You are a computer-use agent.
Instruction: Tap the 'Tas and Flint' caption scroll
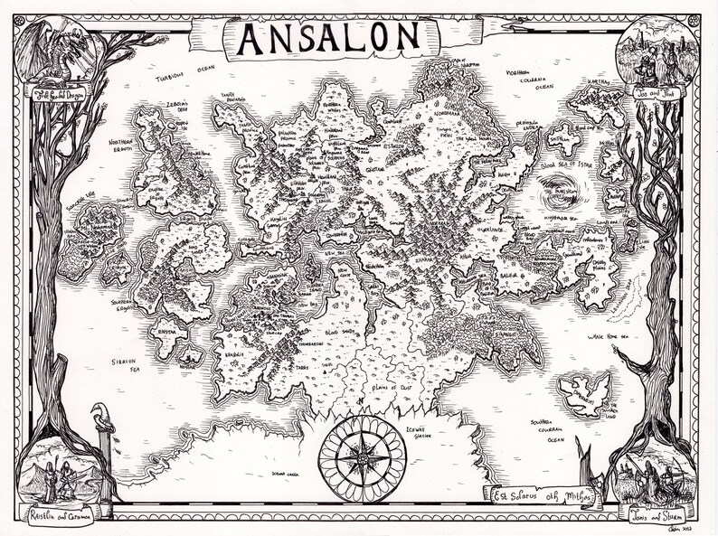pos(657,93)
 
